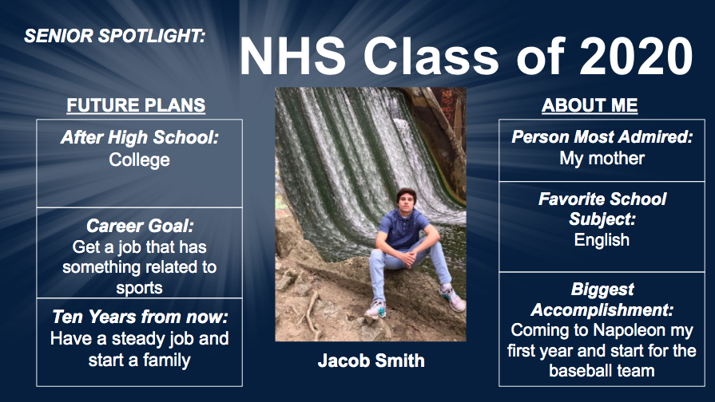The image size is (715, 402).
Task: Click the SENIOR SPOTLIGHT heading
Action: click(x=114, y=36)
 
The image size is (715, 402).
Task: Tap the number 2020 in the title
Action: click(x=636, y=57)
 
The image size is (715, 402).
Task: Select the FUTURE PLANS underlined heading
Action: click(x=136, y=105)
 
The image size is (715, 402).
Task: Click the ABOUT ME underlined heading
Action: click(x=590, y=105)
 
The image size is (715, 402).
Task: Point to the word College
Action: click(x=140, y=160)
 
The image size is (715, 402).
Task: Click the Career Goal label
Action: click(x=140, y=226)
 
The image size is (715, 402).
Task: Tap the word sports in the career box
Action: click(x=140, y=287)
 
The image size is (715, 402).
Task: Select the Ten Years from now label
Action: click(x=140, y=317)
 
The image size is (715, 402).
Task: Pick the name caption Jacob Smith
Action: click(x=371, y=361)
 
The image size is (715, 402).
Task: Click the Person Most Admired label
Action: click(x=602, y=137)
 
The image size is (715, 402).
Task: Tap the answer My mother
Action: click(x=602, y=158)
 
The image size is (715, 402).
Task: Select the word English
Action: click(x=602, y=239)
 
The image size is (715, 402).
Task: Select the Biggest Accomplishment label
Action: click(x=602, y=298)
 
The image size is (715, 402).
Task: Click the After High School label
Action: click(x=140, y=137)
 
